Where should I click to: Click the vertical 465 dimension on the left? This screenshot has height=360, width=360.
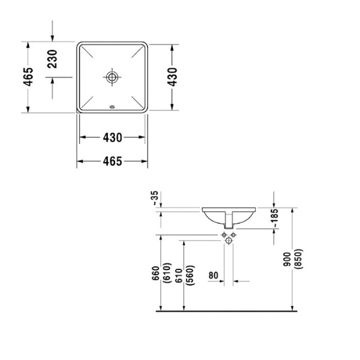click(x=28, y=77)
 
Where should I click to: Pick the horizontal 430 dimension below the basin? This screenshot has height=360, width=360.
click(x=112, y=137)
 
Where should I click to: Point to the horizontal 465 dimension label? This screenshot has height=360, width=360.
click(x=112, y=161)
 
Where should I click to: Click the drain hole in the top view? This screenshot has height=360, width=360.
click(x=112, y=76)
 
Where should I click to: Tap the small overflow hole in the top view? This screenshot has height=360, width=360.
click(x=112, y=108)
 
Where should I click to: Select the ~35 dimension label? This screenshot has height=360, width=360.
click(x=155, y=199)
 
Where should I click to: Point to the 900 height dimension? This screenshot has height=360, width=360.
click(x=287, y=258)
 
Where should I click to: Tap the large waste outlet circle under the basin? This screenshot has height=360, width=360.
click(x=229, y=241)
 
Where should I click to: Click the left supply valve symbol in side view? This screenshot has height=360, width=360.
click(x=223, y=234)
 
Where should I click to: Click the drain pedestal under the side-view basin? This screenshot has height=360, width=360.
click(x=229, y=221)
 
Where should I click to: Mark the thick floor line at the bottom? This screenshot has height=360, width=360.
click(x=228, y=311)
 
